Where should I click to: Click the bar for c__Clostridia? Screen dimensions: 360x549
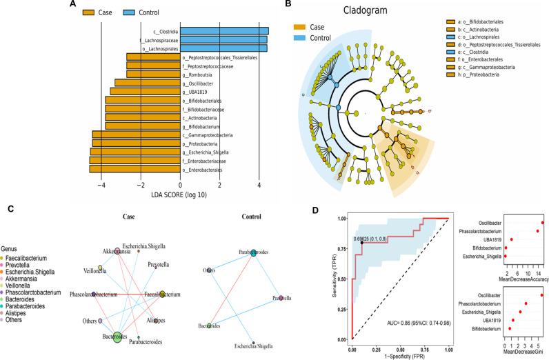click(x=225, y=31)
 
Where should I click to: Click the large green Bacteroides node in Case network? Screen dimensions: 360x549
click(x=116, y=337)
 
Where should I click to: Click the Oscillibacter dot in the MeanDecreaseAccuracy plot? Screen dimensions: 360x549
click(x=543, y=222)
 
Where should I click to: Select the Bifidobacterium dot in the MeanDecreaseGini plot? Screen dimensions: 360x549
click(x=510, y=328)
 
